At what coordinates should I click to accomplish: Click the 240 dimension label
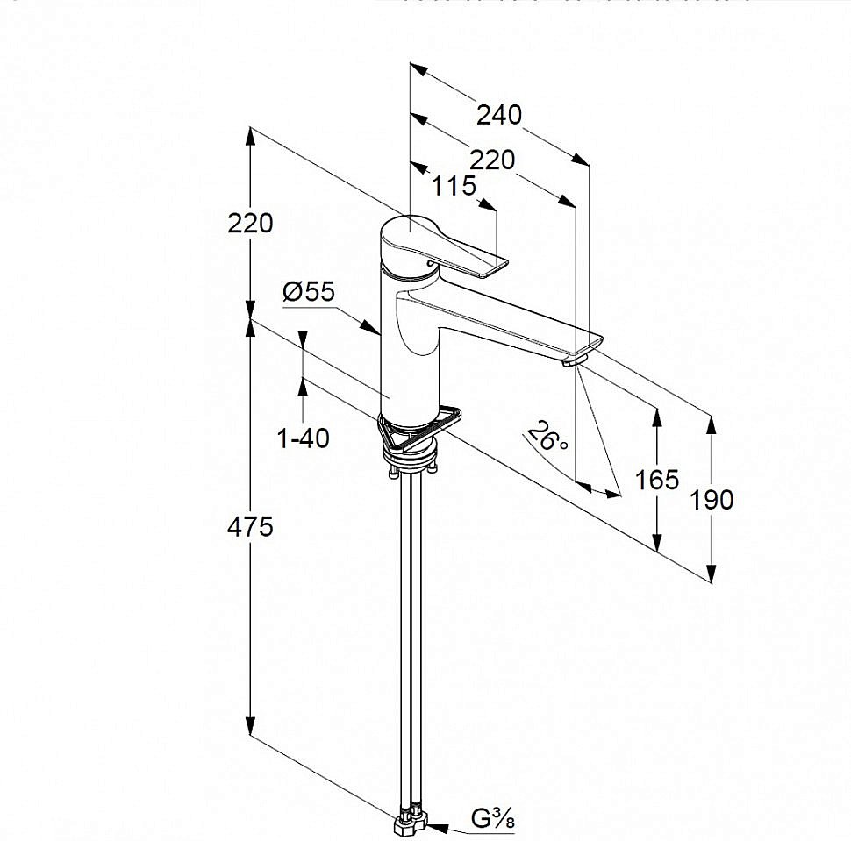click(x=499, y=115)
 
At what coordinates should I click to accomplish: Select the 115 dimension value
click(x=454, y=186)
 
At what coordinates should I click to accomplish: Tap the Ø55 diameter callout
click(x=309, y=292)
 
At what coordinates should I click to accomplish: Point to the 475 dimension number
click(x=250, y=527)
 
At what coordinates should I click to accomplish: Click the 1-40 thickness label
click(x=304, y=437)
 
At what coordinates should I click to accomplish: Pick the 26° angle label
click(x=549, y=435)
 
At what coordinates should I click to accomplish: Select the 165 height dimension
click(x=657, y=480)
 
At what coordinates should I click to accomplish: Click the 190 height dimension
click(x=712, y=500)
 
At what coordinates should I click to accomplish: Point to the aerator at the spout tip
click(x=576, y=357)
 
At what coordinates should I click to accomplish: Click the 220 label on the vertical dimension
click(x=250, y=223)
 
